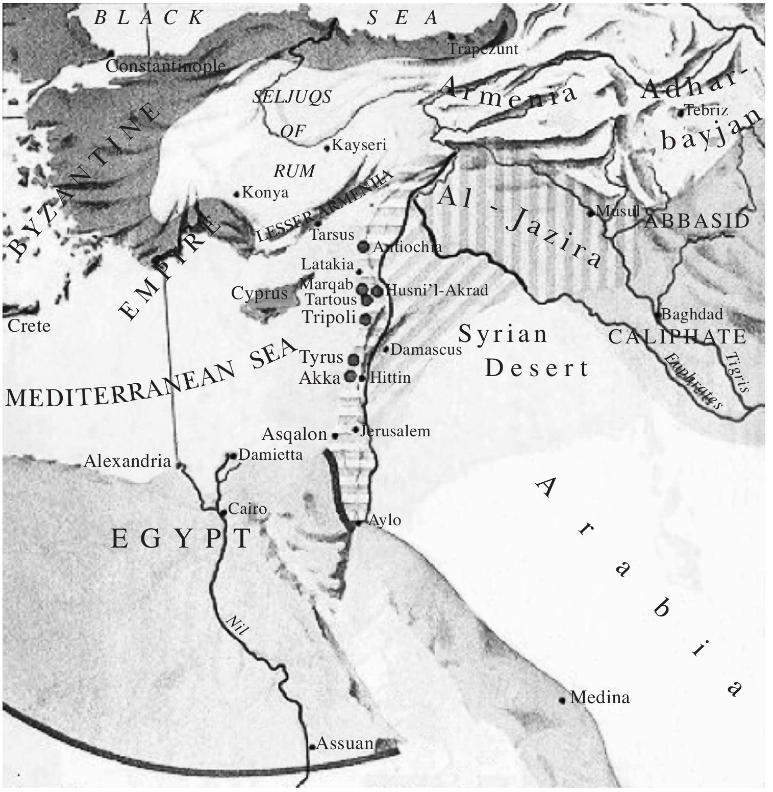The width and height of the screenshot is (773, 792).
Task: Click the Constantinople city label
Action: pos(165,66)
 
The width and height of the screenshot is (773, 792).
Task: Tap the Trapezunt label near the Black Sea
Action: pos(483,49)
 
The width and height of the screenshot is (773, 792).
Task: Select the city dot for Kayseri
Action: pos(328,148)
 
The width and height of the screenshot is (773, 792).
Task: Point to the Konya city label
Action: pos(265,192)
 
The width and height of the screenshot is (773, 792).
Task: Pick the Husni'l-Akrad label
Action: pos(436,290)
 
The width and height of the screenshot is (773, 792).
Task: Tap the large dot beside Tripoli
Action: pos(365,319)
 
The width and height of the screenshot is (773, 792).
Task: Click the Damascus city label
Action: pos(426,350)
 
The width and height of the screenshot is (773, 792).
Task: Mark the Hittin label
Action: pos(390,378)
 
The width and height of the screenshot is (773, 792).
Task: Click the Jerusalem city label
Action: pos(395,431)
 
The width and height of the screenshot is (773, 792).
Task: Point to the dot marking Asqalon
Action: pos(335,436)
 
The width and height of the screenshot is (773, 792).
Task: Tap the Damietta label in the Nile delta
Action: pos(270,454)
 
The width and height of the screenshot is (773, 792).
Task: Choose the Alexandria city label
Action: pos(127,461)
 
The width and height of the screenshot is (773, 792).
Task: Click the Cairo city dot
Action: pos(223,512)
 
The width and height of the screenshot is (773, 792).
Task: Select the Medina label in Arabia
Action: pos(600,697)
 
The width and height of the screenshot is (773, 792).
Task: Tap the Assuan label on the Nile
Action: pos(345,744)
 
